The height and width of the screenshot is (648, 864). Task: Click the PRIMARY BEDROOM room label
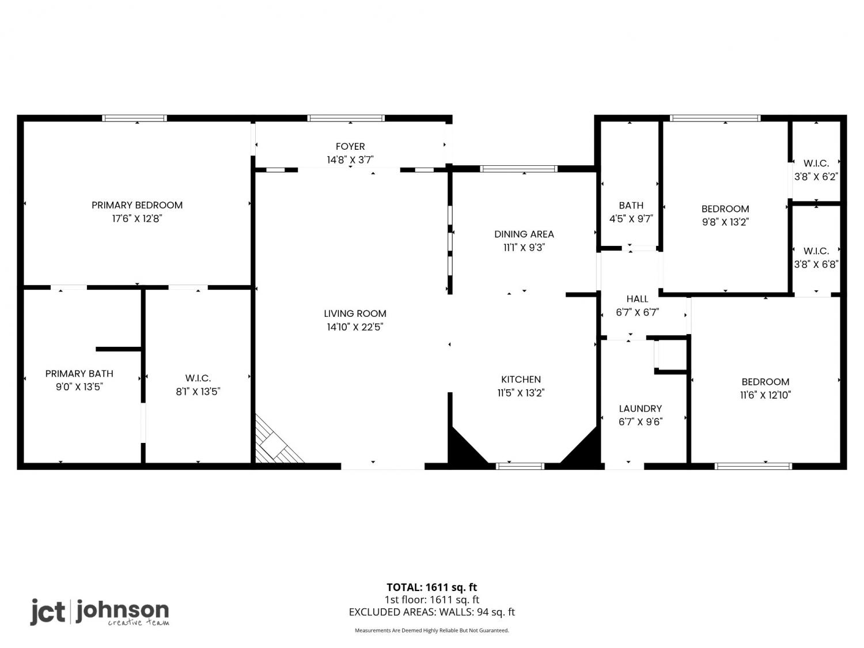tap(137, 205)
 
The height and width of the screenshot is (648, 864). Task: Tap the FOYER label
tap(350, 146)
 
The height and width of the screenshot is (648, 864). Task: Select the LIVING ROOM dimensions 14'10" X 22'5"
tap(355, 327)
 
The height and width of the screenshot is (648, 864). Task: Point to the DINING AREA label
tap(524, 234)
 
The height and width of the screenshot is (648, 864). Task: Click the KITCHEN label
tap(521, 379)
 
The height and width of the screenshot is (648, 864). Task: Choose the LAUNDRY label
tap(641, 408)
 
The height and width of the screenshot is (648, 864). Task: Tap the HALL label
tap(637, 299)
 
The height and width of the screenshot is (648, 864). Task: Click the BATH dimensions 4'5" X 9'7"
tap(631, 219)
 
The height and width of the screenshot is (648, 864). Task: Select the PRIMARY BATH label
tap(79, 373)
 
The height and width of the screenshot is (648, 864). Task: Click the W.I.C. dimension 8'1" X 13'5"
tap(198, 392)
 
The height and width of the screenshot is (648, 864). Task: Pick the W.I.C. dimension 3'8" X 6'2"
tap(816, 177)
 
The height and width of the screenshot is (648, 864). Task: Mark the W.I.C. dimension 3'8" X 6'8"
tap(816, 264)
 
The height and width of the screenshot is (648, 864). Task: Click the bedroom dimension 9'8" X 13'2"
tap(725, 222)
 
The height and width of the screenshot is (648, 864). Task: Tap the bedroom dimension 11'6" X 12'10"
tap(765, 395)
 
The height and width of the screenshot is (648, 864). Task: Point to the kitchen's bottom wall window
tap(520, 466)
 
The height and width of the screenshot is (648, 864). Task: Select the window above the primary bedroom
tap(134, 118)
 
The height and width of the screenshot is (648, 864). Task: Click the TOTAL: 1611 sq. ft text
tap(432, 588)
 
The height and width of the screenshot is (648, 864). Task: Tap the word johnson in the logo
tap(123, 610)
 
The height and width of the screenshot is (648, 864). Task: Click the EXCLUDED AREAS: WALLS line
tap(432, 612)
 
